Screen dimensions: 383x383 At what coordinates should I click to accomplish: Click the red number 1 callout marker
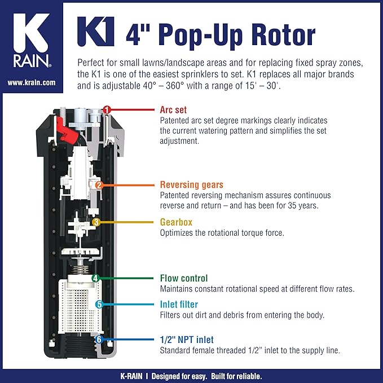tap(106, 109)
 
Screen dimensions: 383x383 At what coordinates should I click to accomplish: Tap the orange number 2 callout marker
tap(99, 185)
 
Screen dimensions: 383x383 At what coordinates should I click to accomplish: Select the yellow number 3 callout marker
tap(96, 222)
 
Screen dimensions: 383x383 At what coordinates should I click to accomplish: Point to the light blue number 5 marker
tap(99, 305)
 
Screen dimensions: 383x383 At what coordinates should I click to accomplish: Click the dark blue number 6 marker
tap(99, 340)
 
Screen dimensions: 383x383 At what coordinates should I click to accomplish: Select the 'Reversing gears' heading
tap(192, 184)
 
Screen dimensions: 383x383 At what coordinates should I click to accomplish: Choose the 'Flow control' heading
tap(184, 278)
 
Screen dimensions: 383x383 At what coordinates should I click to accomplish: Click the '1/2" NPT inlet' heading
tap(187, 340)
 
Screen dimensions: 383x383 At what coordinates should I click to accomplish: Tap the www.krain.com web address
tap(32, 82)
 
